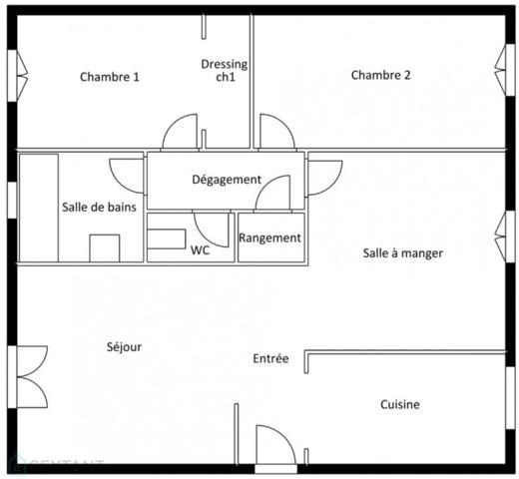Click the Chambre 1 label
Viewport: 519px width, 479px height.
click(109, 77)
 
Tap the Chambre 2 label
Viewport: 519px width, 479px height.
click(380, 75)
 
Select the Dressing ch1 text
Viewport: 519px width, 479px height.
click(225, 73)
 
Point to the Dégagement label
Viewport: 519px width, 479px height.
click(227, 180)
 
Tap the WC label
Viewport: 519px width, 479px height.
click(200, 250)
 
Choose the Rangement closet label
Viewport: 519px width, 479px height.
click(269, 238)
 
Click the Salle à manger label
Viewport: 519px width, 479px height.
click(402, 253)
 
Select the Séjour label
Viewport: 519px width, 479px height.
click(124, 347)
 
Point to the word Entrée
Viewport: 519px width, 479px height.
click(270, 358)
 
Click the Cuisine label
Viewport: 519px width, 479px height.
click(399, 404)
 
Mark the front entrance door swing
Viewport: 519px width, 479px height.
click(273, 444)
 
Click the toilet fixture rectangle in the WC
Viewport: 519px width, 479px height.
click(167, 239)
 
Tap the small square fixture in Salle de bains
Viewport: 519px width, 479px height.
click(105, 247)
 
